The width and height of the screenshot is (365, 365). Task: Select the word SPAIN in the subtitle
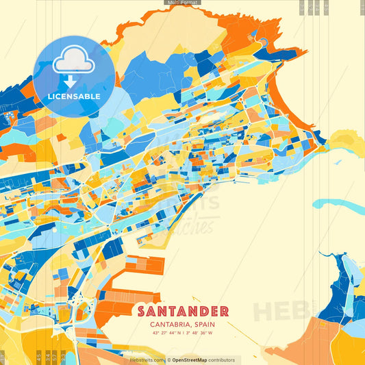pos(205,325)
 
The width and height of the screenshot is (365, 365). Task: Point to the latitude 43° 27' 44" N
pos(167,333)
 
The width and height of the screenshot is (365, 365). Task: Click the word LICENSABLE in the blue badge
pos(74,97)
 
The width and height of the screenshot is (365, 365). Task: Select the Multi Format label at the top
pos(182,3)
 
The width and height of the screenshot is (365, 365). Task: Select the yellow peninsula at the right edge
pos(346,144)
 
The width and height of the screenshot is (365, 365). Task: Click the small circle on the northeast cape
pos(262,42)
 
